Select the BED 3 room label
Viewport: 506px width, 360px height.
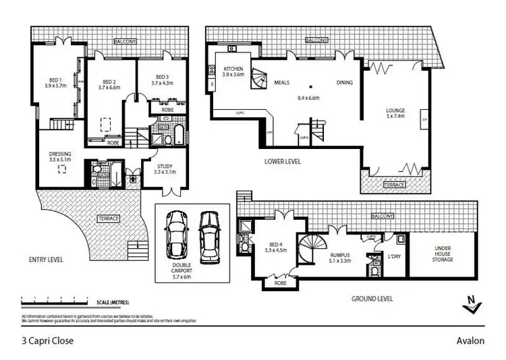(161, 76)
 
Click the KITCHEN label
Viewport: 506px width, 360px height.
(233, 68)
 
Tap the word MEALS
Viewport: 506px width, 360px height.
(282, 82)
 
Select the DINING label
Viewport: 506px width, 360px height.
(345, 82)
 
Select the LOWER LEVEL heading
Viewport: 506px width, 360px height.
(283, 162)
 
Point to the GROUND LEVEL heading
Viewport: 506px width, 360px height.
(372, 297)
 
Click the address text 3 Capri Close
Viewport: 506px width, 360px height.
(47, 340)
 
